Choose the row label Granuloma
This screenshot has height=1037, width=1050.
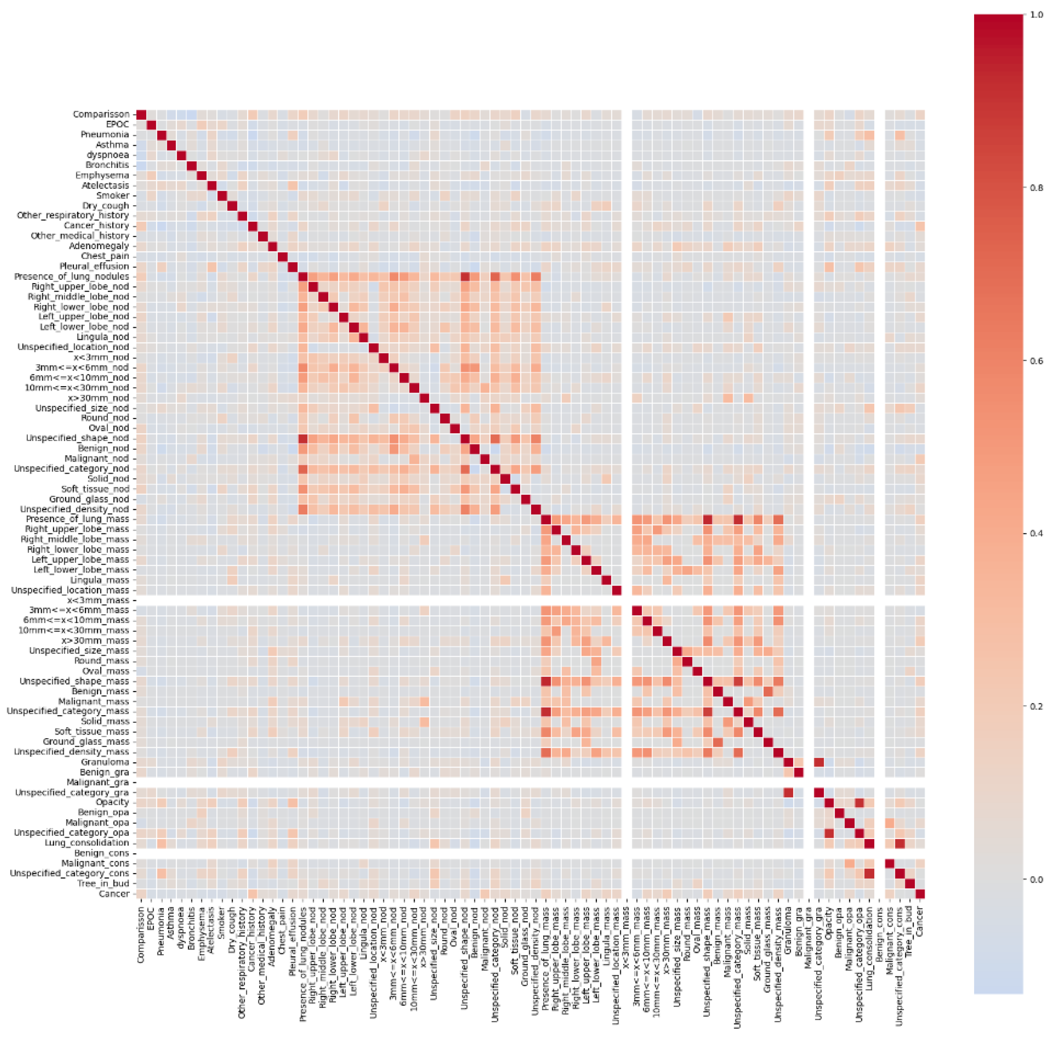105,762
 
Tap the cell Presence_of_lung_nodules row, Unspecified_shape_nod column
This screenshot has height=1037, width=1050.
465,277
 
